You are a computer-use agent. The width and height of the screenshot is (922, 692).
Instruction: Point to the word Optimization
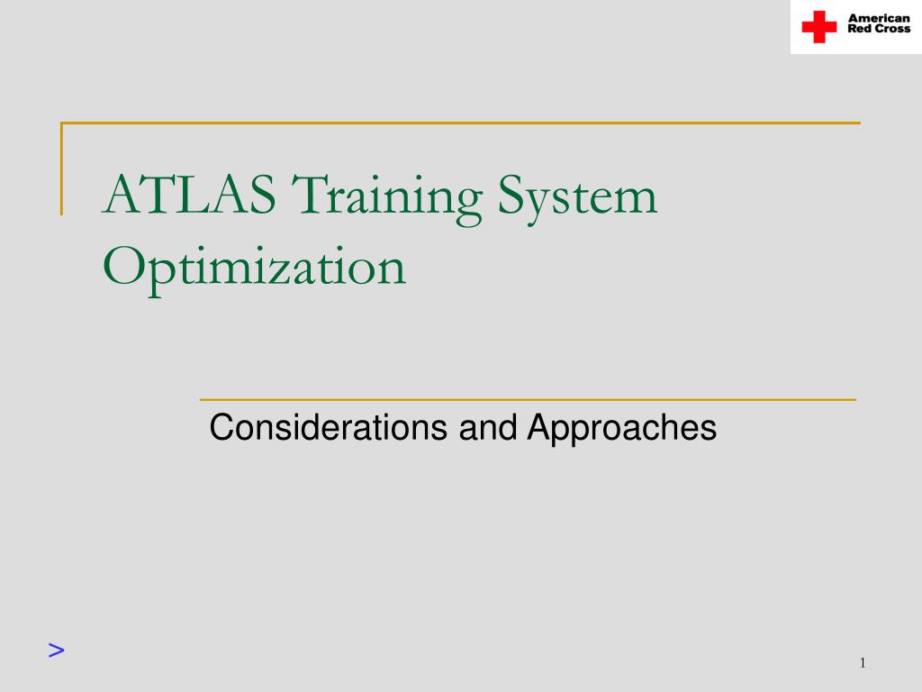pyautogui.click(x=254, y=268)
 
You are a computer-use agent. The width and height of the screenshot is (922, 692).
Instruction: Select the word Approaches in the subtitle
pyautogui.click(x=621, y=429)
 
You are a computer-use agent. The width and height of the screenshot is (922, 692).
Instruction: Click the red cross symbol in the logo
pyautogui.click(x=819, y=26)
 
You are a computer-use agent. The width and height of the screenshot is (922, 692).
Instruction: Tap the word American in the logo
pyautogui.click(x=879, y=19)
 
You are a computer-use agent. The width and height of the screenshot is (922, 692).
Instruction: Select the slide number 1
pyautogui.click(x=862, y=664)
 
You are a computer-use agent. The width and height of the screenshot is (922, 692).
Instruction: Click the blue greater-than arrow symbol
pyautogui.click(x=57, y=650)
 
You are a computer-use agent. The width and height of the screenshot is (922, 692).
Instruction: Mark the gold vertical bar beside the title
pyautogui.click(x=62, y=168)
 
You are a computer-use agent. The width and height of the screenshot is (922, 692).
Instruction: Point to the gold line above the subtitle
pyautogui.click(x=527, y=398)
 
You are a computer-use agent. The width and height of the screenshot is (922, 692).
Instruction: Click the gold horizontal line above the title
pyautogui.click(x=460, y=123)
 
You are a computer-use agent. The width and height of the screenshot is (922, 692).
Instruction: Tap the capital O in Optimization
pyautogui.click(x=122, y=266)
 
